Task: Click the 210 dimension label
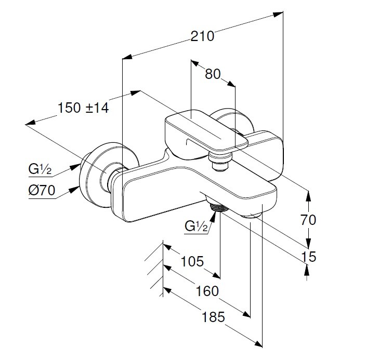point(202,36)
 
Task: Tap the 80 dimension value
point(213,74)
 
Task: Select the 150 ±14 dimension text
point(83,108)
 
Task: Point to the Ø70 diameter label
point(42,191)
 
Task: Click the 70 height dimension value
point(308,220)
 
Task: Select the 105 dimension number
point(192,261)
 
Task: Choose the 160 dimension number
point(207,291)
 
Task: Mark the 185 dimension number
point(214,316)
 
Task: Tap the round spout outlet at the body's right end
point(254,215)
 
